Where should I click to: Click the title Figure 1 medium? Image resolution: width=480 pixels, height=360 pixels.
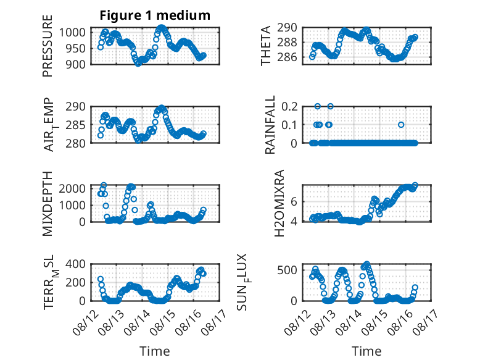tap(155, 15)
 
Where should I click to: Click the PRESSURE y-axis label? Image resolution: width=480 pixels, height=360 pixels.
tap(48, 46)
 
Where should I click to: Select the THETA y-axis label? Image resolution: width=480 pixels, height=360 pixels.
tap(266, 46)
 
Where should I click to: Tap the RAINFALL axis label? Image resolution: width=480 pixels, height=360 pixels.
tap(270, 124)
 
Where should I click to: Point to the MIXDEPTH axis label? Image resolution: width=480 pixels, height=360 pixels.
tap(48, 203)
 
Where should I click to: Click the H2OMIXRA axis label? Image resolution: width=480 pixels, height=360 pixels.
tap(279, 203)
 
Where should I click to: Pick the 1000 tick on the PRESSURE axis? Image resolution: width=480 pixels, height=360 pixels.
tap(72, 32)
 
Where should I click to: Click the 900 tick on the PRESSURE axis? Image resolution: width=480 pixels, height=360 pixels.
tap(75, 64)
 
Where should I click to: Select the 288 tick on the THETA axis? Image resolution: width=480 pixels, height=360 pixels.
tap(287, 42)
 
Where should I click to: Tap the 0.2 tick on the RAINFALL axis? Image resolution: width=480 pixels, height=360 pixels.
tap(289, 107)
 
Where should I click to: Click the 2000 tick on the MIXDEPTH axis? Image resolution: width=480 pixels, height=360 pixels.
tap(72, 188)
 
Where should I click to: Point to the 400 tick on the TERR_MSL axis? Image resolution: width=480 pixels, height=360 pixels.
tap(75, 264)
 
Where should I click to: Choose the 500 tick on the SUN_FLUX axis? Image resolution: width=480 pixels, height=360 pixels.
tap(287, 270)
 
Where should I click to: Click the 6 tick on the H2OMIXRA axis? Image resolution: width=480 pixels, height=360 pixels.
tap(294, 201)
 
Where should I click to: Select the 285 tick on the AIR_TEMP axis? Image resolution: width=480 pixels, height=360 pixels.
tap(75, 125)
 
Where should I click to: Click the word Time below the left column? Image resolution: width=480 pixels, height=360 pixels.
tap(155, 351)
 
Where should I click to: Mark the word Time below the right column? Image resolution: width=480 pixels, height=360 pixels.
tap(366, 351)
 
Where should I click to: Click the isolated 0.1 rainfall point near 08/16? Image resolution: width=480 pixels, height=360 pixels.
tap(401, 125)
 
